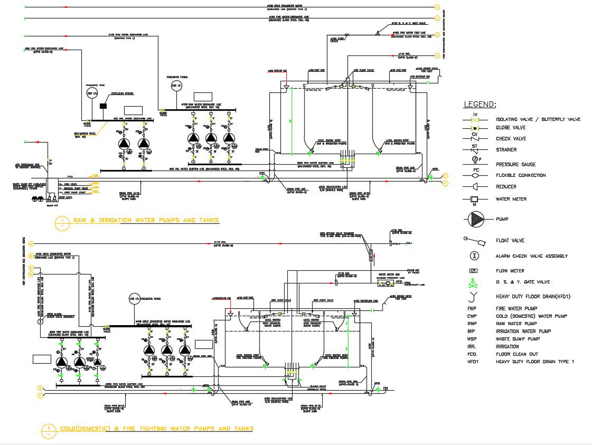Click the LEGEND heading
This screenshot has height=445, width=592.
(x=480, y=105)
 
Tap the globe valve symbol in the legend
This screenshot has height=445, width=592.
(x=474, y=128)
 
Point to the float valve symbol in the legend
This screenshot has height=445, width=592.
(x=474, y=241)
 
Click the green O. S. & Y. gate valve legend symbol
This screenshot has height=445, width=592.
(x=474, y=282)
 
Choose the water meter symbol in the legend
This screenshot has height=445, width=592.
(x=474, y=200)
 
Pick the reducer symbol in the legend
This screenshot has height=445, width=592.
(x=474, y=186)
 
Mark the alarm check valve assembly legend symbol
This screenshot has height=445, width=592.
(x=474, y=256)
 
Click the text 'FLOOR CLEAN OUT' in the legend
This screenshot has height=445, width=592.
(x=518, y=354)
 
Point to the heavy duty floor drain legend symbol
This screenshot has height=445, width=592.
(x=474, y=296)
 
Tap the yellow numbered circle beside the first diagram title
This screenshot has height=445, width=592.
(x=62, y=222)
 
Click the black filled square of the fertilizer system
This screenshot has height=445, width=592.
(x=103, y=106)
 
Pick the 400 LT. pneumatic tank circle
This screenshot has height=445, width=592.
(x=134, y=298)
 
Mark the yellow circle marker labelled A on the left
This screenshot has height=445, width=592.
(x=32, y=244)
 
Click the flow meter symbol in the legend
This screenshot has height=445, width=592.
(x=474, y=271)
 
